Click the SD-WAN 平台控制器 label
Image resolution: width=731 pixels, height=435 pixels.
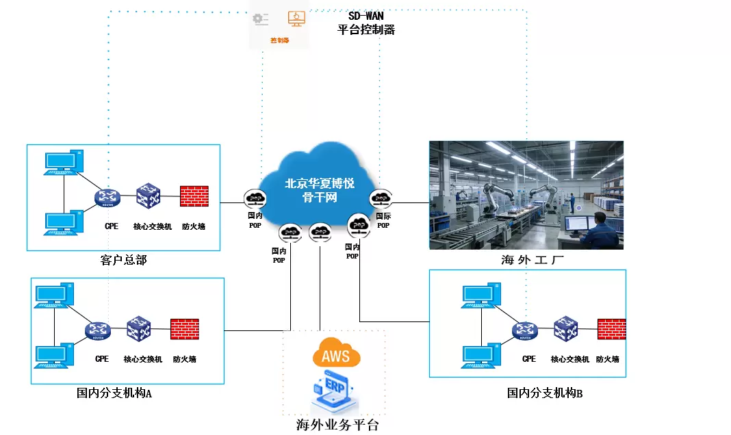click(366, 23)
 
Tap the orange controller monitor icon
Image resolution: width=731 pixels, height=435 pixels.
click(296, 18)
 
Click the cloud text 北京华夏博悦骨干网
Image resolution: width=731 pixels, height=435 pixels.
click(319, 190)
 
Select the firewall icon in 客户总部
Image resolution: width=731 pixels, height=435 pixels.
click(194, 196)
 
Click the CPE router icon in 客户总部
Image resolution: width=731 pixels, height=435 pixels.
click(108, 198)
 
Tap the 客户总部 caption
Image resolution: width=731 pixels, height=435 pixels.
click(123, 260)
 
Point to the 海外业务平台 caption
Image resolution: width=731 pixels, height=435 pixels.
click(337, 425)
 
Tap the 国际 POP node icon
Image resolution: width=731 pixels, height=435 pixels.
click(380, 199)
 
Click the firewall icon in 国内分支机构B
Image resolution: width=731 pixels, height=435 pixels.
click(611, 329)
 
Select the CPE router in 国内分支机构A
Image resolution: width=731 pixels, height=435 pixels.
click(99, 330)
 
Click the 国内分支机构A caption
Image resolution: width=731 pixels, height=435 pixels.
click(114, 393)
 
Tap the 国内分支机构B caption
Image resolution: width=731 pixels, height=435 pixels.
click(545, 393)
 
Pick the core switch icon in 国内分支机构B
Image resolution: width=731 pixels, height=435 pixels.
click(567, 329)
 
